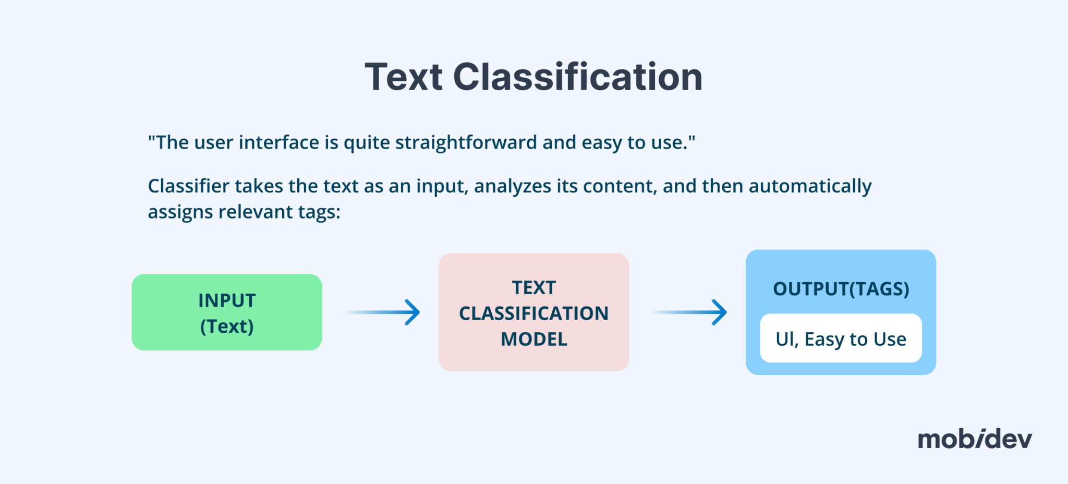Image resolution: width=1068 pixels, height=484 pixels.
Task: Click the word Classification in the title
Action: tap(578, 77)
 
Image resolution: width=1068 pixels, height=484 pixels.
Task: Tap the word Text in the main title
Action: tap(404, 77)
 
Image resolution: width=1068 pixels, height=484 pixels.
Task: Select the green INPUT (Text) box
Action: tap(227, 312)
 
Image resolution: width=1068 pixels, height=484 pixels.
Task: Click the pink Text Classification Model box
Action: tap(533, 312)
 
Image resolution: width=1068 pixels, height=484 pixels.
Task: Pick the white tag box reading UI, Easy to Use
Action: tap(841, 338)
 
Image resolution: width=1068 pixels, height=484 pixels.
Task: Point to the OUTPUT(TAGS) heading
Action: tap(841, 289)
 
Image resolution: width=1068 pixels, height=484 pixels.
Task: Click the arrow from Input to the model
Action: tap(383, 312)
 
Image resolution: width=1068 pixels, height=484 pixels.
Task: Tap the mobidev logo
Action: tap(975, 439)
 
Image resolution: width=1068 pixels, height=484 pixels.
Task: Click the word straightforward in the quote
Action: tap(466, 142)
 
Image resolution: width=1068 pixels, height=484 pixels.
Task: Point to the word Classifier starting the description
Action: tap(188, 186)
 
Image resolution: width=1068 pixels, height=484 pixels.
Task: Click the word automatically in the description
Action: tap(810, 186)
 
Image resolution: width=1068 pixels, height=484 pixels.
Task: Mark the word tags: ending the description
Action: tap(319, 212)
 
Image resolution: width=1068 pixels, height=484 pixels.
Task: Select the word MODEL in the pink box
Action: tap(533, 340)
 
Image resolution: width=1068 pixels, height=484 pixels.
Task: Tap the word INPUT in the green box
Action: tap(227, 300)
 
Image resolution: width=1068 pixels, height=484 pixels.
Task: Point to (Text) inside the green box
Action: tap(227, 326)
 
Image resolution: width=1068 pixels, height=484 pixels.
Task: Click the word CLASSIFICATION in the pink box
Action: tap(533, 313)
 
